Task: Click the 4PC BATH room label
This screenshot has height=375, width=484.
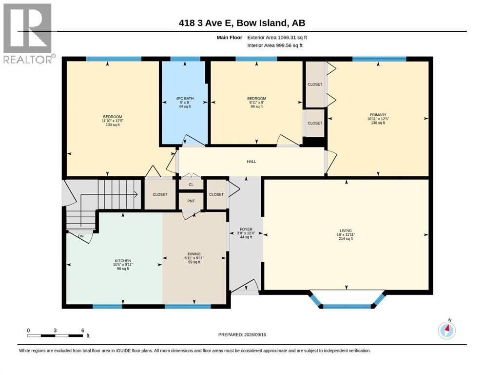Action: point(185,98)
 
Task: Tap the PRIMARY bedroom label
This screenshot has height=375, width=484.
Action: point(378,115)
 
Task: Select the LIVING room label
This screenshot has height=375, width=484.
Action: point(346,230)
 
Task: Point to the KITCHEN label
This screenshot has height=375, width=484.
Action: point(123,261)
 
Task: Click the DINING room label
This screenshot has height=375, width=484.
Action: point(194,254)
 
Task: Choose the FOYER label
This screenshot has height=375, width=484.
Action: point(246,229)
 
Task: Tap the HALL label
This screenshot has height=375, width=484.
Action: point(251,161)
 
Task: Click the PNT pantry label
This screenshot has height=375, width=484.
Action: point(191,201)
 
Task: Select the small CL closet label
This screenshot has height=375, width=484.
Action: point(191,185)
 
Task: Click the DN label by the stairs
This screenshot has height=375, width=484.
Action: point(81,236)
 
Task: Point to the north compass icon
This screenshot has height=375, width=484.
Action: point(447,330)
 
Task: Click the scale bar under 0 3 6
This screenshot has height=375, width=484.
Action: point(55,335)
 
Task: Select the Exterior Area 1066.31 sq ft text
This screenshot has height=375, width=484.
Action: point(277,38)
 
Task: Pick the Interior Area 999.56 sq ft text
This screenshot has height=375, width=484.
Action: point(275,45)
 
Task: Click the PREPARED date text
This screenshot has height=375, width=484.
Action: point(242,334)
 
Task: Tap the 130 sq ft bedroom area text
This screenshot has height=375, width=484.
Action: point(113,125)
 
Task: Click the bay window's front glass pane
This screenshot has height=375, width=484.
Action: point(347,306)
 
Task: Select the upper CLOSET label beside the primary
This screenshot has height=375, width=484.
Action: point(315,84)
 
